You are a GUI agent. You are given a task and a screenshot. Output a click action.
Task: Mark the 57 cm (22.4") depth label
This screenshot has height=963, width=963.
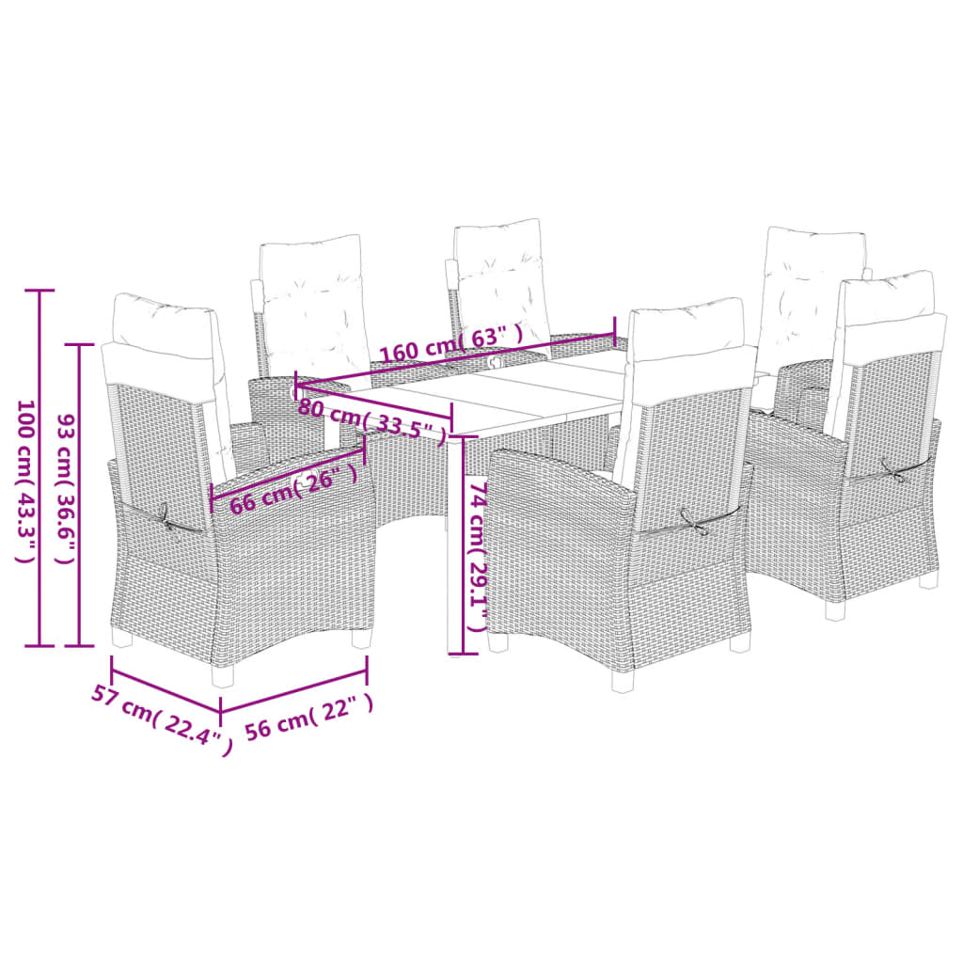(161, 719)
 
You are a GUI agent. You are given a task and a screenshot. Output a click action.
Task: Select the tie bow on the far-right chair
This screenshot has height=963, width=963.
(893, 468)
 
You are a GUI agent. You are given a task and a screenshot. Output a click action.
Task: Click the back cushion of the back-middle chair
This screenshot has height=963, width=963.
(501, 282)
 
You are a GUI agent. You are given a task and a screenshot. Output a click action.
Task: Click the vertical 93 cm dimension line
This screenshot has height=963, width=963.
(79, 495)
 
